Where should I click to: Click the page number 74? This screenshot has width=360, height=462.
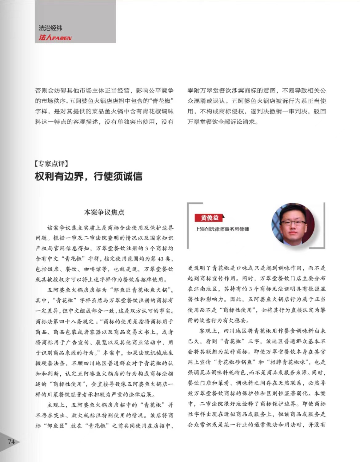click(x=11, y=442)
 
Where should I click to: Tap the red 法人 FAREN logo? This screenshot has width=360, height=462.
click(x=55, y=37)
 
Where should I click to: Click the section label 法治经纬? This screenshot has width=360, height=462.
click(x=50, y=28)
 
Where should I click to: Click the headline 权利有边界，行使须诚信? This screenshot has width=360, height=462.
click(x=89, y=176)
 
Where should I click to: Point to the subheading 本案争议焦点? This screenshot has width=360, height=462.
click(x=104, y=212)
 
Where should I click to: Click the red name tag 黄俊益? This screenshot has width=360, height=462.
click(x=210, y=218)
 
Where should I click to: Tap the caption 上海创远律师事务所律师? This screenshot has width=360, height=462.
click(x=222, y=229)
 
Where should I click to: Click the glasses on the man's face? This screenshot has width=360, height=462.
click(x=293, y=223)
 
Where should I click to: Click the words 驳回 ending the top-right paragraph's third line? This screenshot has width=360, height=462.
click(x=320, y=111)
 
